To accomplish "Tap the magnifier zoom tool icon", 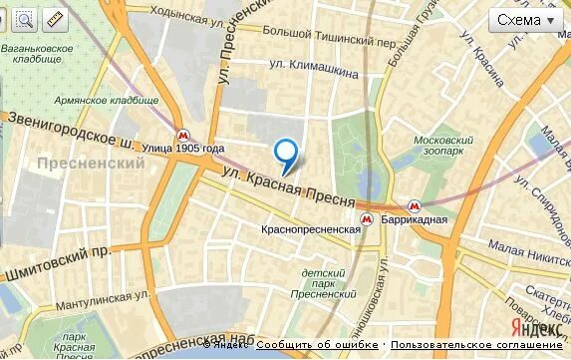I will tap(24, 19).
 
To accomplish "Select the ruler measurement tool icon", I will tap(55, 19).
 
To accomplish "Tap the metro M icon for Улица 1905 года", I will tap(181, 135).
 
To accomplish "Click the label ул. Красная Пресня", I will tap(288, 187).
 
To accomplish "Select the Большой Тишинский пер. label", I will tap(329, 35).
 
